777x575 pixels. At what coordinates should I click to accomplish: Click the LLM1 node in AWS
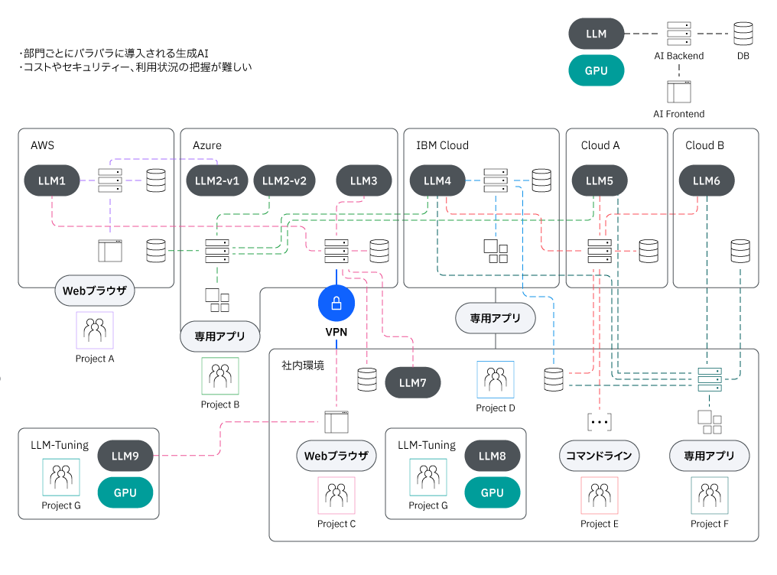click(52, 181)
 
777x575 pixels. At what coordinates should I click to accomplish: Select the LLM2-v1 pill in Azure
click(217, 181)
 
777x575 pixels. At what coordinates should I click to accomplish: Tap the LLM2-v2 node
click(284, 181)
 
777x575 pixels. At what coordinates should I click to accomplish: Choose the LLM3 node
click(364, 181)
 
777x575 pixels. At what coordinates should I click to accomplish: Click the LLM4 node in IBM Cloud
click(437, 181)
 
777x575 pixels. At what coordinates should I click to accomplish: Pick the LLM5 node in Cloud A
click(600, 181)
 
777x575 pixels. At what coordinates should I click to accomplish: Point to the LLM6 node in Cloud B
click(707, 181)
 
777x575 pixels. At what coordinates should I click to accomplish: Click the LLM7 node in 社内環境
click(413, 383)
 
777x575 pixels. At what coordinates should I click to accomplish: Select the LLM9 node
click(125, 456)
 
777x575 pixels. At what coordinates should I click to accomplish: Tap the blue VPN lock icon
click(336, 304)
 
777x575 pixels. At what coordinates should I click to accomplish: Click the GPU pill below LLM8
click(493, 492)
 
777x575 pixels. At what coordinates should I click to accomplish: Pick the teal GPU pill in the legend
click(597, 70)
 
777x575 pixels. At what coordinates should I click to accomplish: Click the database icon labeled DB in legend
click(743, 34)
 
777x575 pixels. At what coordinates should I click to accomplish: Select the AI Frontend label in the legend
click(678, 114)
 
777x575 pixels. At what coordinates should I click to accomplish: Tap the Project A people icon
click(95, 330)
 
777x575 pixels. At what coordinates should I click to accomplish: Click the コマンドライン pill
click(599, 456)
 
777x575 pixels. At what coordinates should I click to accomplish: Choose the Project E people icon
click(600, 495)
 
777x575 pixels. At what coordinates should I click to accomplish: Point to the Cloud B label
click(704, 145)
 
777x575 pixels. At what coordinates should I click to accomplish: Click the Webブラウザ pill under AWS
click(95, 291)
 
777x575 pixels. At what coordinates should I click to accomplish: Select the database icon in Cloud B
click(740, 251)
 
